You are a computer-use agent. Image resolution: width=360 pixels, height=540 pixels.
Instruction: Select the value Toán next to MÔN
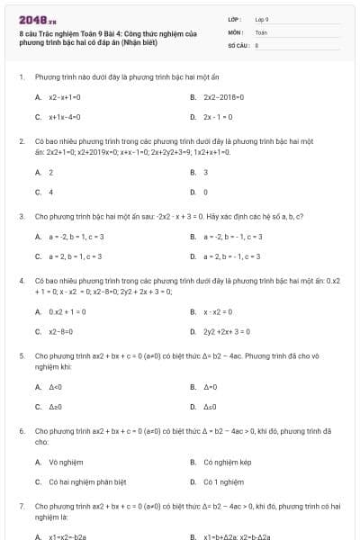coord(261,31)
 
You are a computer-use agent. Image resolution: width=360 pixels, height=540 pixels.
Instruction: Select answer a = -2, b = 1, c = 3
coord(76,237)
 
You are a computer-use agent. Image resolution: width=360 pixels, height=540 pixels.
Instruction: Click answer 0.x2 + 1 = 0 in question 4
coord(67,311)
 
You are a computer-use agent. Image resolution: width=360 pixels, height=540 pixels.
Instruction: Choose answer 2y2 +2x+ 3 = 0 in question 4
coord(227,331)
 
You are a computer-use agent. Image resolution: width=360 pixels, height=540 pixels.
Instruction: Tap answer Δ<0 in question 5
coord(55,386)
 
